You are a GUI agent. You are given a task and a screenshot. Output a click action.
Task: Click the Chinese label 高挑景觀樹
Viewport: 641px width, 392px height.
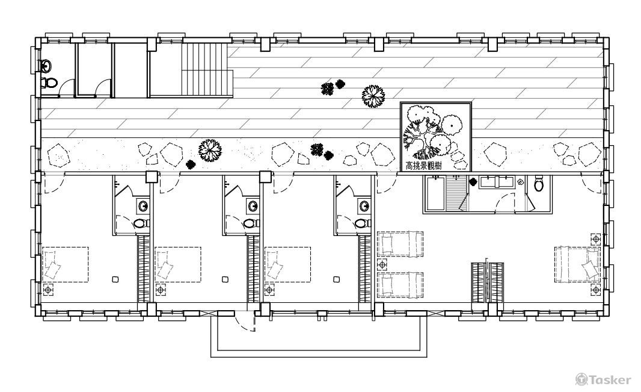click(423, 166)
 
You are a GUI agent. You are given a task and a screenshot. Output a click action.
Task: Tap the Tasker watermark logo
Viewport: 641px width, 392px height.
click(603, 380)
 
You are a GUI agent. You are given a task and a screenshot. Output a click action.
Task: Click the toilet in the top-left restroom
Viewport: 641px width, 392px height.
click(49, 82)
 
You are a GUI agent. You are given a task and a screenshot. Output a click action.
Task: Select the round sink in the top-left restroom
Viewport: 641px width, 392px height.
click(46, 65)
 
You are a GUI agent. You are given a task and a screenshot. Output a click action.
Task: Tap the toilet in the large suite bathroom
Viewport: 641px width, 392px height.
click(539, 184)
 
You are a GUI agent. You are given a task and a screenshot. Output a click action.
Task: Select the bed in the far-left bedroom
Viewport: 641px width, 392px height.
click(66, 264)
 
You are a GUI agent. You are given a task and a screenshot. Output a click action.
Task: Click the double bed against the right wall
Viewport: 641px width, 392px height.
click(578, 264)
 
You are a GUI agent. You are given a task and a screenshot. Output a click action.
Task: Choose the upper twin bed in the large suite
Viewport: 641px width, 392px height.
click(400, 244)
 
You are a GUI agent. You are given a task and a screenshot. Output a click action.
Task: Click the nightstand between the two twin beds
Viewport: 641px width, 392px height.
click(382, 265)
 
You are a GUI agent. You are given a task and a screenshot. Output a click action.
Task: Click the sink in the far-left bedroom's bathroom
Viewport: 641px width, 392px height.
click(144, 206)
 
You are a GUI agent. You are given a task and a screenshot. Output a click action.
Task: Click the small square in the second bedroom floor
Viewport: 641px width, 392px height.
click(225, 279)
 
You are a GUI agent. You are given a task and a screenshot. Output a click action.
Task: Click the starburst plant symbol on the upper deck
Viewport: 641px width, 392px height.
click(373, 96)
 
